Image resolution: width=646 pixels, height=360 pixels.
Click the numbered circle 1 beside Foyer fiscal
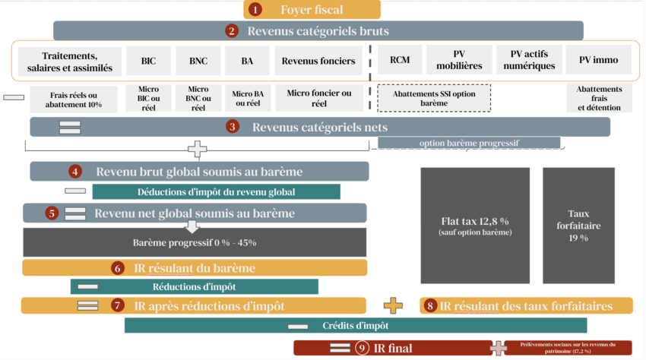(x=255, y=10)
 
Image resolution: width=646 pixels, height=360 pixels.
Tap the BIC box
(x=148, y=61)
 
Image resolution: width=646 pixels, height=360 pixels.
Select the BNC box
(x=198, y=61)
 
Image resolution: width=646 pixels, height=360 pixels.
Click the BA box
(x=247, y=61)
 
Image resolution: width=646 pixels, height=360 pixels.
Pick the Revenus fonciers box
(x=318, y=61)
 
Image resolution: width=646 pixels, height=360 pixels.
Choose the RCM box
(x=400, y=60)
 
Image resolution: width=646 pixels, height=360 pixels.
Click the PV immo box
(x=598, y=60)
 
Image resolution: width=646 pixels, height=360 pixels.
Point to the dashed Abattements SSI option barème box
(x=434, y=98)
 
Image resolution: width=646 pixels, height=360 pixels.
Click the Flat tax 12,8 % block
(x=475, y=226)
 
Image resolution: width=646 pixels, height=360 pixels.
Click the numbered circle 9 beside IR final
(x=363, y=348)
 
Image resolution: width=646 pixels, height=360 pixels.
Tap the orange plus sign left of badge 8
(x=393, y=306)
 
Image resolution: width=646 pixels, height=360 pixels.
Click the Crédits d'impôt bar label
(x=356, y=326)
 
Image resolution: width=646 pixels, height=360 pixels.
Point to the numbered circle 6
(x=117, y=268)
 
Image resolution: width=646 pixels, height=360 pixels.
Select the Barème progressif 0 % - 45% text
(x=195, y=243)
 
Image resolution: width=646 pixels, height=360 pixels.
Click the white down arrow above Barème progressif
(x=193, y=227)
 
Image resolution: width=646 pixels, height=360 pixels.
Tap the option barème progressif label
(x=469, y=143)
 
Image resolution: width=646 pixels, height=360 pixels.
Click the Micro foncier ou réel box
(x=319, y=98)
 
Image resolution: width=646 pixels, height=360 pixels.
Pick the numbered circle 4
(x=75, y=172)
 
